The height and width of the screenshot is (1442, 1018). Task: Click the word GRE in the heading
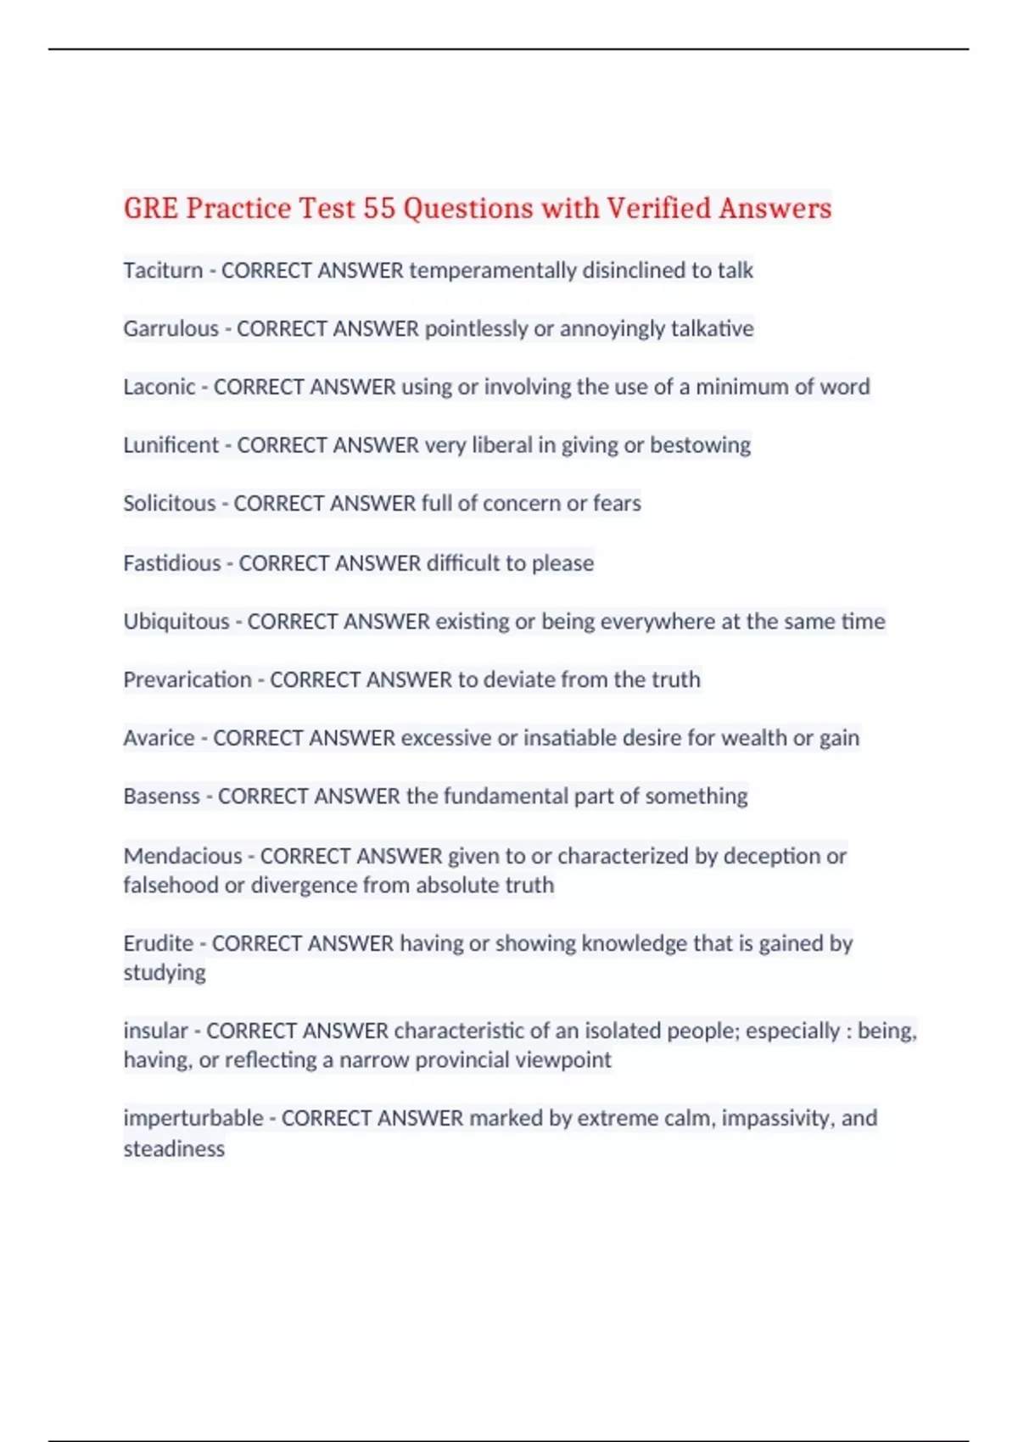pos(150,209)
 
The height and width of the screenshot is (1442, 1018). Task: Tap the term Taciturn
pos(163,271)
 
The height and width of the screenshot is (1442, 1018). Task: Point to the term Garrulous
pos(171,329)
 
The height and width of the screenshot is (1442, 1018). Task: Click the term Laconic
pos(159,387)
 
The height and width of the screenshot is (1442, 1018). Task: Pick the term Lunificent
pos(171,445)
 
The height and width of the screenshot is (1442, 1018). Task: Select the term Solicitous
pos(170,504)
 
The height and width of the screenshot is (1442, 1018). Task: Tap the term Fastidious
pos(171,563)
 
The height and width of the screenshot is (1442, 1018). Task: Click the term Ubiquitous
pos(176,622)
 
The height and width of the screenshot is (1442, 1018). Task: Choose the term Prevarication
pos(187,680)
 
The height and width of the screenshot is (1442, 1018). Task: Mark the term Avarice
pos(159,738)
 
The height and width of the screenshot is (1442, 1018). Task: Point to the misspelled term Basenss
pos(161,796)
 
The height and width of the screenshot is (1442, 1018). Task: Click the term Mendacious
pos(182,856)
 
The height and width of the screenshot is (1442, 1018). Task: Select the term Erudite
pos(159,943)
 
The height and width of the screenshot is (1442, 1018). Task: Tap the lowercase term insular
pos(155,1031)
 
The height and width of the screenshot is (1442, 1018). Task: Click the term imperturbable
pos(193,1118)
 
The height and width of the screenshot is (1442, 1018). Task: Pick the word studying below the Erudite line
pos(165,973)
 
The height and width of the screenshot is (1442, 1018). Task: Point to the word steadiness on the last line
pos(174,1149)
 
